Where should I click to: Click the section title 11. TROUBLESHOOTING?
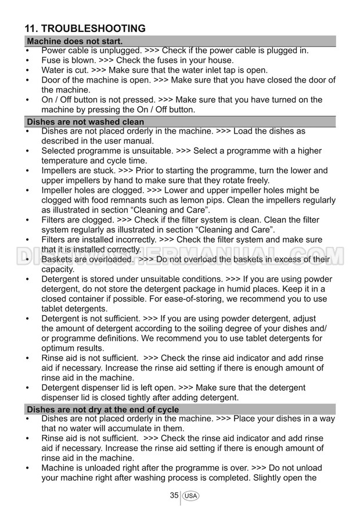coord(85,28)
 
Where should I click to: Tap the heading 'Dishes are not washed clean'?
coord(85,122)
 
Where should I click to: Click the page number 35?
coord(174,495)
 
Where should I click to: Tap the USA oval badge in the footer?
coord(190,496)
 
